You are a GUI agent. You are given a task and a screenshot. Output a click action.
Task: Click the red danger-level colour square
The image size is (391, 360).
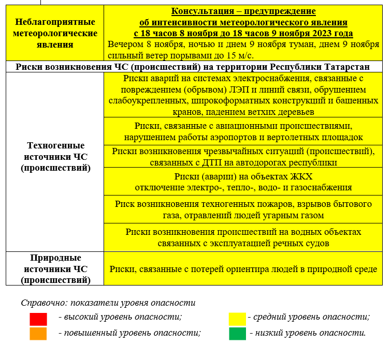(x=38, y=319)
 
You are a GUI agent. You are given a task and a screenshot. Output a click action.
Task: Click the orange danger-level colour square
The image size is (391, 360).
(x=38, y=334)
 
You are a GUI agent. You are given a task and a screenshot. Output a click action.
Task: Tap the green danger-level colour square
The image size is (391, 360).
(x=237, y=334)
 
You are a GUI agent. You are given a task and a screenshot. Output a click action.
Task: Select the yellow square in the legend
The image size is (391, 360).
(x=237, y=319)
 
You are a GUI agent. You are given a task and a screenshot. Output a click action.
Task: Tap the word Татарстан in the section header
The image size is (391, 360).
(x=344, y=67)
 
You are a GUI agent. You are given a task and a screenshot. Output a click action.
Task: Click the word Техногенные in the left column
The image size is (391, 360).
(x=55, y=145)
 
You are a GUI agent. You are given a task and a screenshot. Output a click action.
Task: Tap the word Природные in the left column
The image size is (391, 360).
(x=55, y=258)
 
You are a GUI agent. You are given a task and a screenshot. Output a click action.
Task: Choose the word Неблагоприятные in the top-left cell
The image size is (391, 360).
(x=55, y=22)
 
